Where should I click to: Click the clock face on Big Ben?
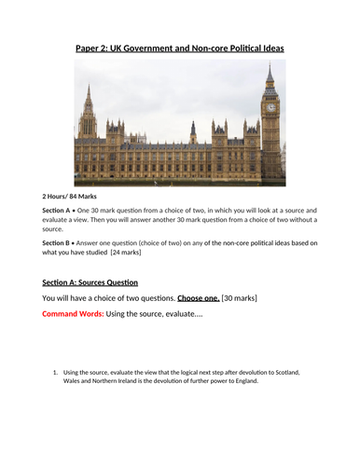[270, 107]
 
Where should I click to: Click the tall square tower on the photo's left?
[89, 126]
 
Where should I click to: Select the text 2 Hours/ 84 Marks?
[76, 197]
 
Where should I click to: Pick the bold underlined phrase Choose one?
[194, 297]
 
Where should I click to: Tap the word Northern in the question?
[114, 381]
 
